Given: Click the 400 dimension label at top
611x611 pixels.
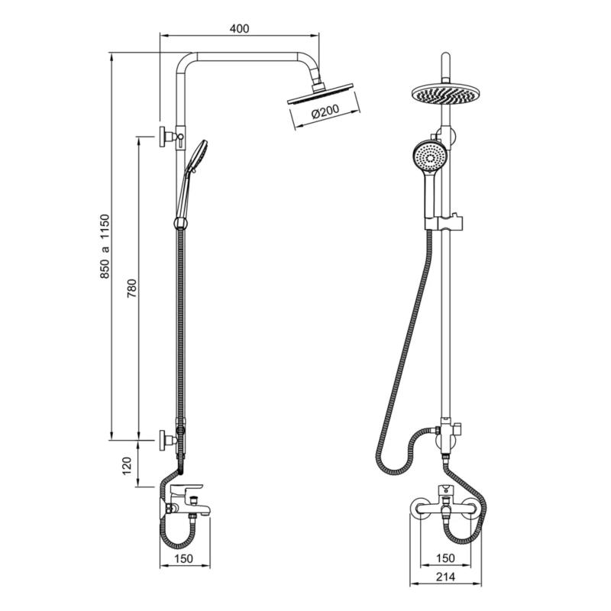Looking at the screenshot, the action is tap(239, 28).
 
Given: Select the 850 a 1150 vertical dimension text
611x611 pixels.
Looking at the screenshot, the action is tap(105, 246).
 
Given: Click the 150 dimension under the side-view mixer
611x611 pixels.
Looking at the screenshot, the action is tap(184, 559).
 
